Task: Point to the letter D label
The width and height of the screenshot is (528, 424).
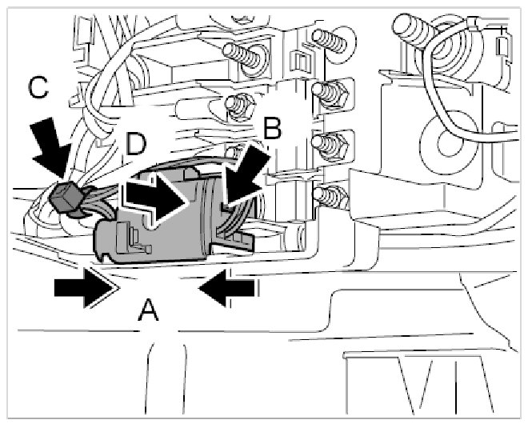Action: coord(136,146)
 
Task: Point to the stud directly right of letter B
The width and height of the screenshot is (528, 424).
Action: coord(329,145)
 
